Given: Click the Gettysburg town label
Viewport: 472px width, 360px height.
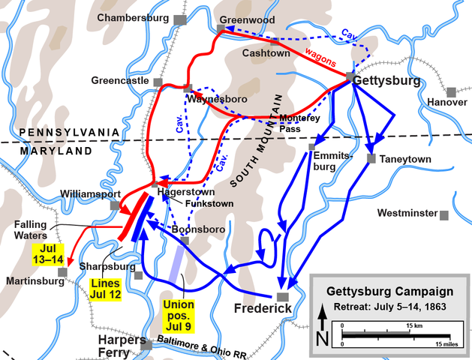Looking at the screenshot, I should point(391,80).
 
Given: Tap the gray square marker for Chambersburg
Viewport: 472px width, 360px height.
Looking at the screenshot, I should point(179,19).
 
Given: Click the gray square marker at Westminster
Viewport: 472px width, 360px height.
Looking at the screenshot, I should point(444,214).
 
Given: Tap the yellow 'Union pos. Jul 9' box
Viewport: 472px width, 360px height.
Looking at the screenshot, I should point(179,314).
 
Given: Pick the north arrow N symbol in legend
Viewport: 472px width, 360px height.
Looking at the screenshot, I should point(322,332).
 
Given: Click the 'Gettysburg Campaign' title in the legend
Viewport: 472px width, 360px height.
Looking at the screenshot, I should point(389,291).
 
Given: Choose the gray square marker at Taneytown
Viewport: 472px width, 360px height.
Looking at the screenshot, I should point(372,158).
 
